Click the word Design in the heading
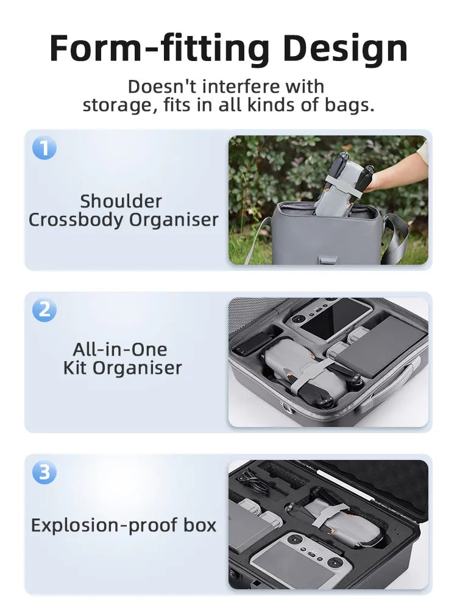(345, 49)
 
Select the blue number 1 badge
(44, 148)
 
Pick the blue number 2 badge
(44, 310)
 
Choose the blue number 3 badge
(44, 472)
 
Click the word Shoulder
(121, 201)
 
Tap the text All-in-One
(120, 350)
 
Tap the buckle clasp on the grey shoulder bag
(327, 260)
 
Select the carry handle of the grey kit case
(389, 384)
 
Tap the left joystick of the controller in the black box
(297, 540)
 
